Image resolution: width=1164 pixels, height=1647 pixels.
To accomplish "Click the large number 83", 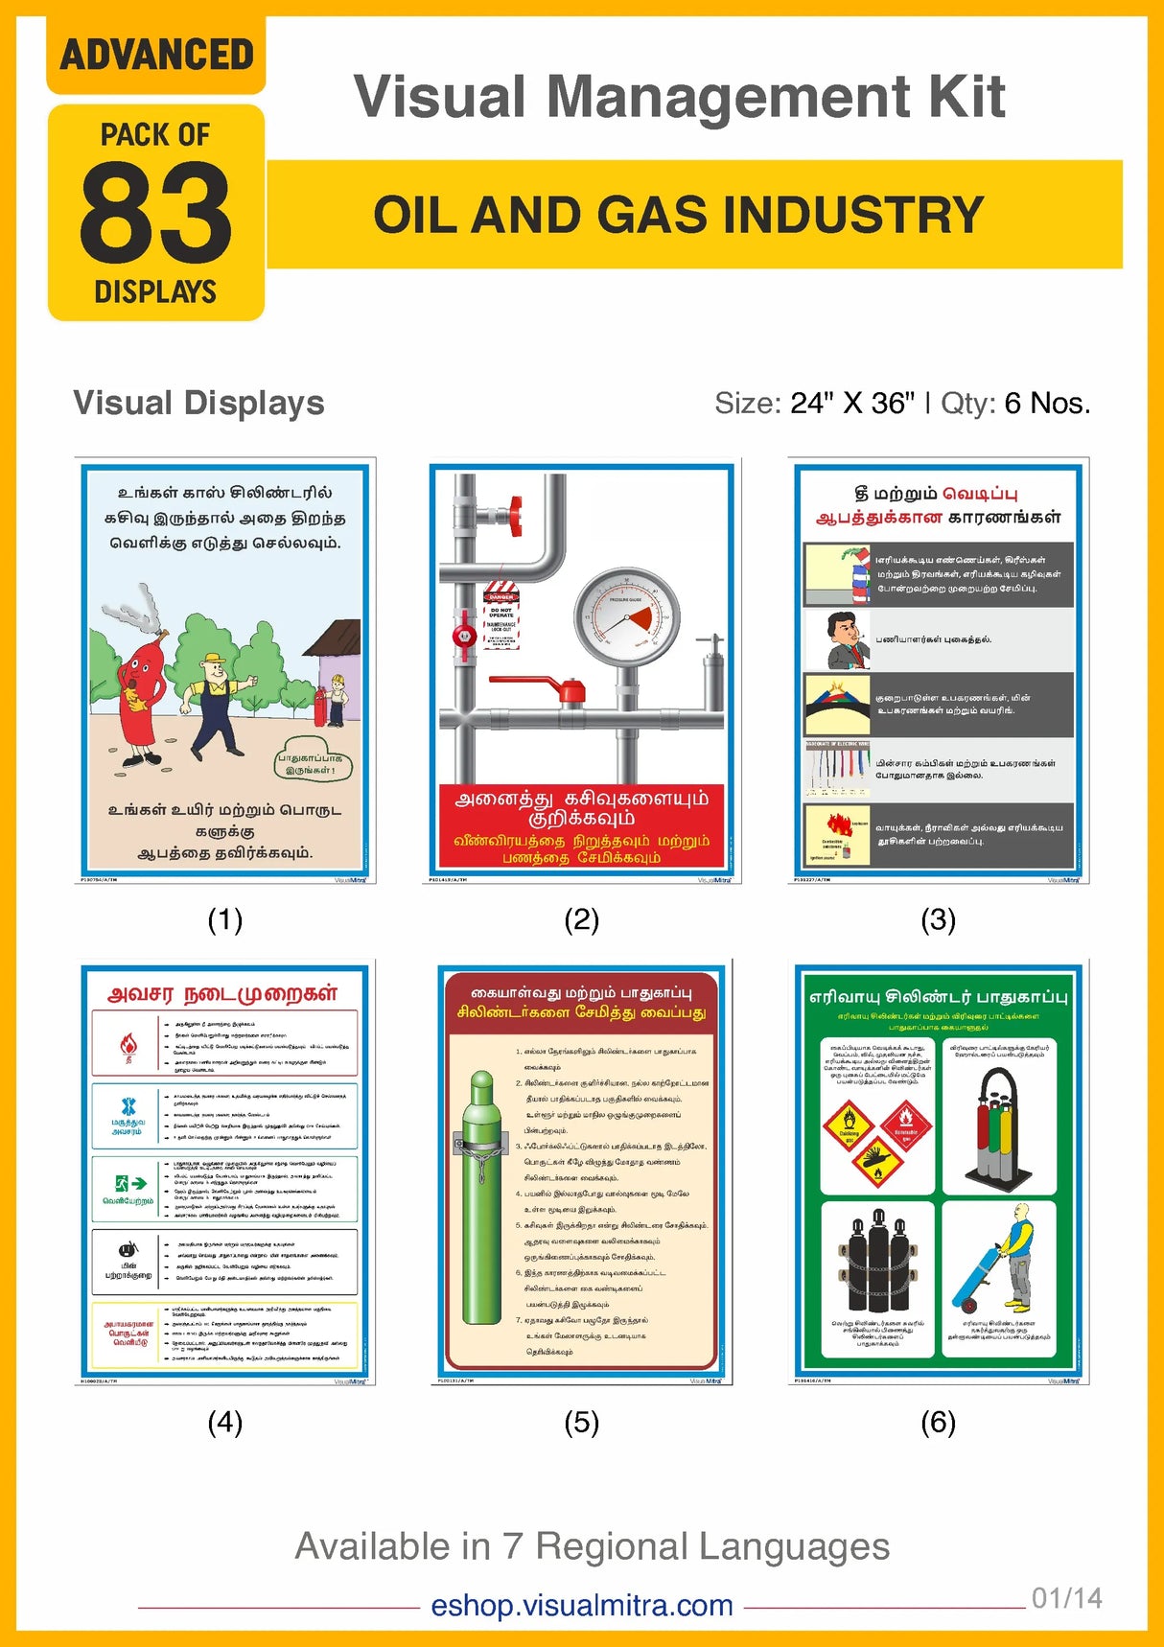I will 155,213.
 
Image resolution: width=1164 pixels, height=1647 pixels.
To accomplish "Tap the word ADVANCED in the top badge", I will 156,55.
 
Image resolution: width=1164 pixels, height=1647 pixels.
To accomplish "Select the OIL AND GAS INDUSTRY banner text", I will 679,215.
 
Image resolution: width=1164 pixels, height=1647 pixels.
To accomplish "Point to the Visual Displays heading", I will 198,404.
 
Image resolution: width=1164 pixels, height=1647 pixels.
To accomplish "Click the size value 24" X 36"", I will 852,404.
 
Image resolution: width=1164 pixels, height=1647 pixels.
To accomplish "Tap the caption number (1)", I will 225,920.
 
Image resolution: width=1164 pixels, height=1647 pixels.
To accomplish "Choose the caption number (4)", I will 225,1423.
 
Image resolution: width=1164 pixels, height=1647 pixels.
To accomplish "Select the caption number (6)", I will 938,1423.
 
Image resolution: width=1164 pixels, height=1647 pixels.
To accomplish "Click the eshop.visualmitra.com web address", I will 582,1605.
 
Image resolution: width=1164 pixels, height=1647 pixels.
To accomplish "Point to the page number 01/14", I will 1066,1598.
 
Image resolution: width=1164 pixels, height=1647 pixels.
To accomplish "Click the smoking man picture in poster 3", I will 836,638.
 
